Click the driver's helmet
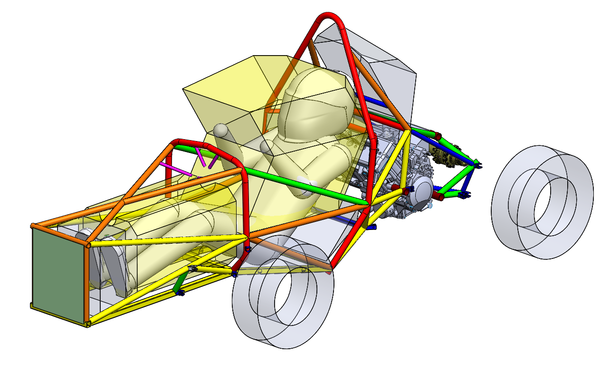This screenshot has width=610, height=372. click(314, 107)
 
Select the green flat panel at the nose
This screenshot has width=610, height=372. click(57, 276)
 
